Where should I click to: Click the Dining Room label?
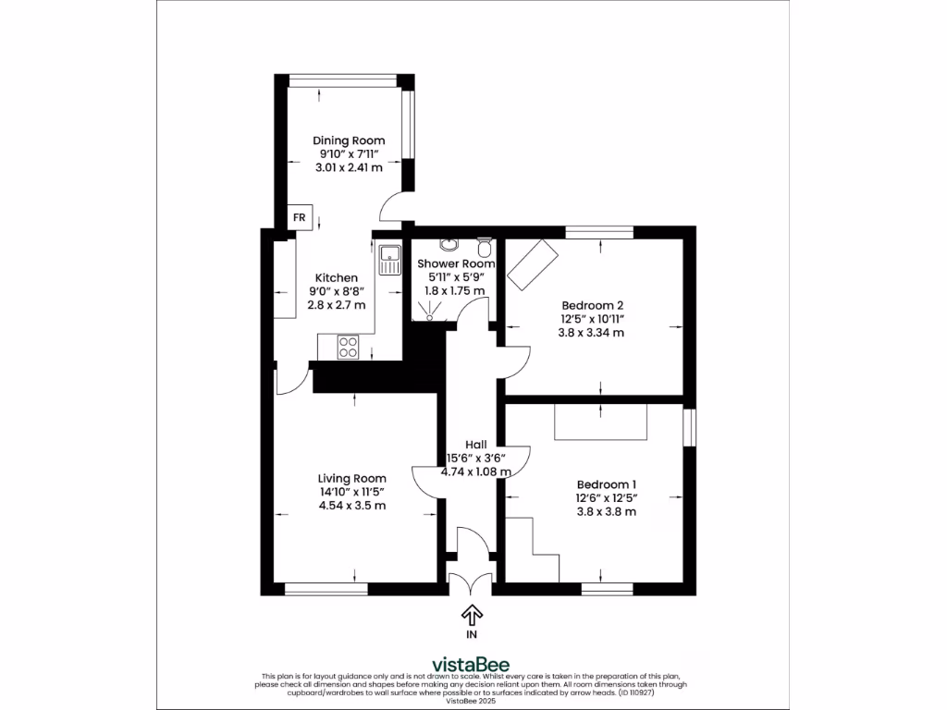pyautogui.click(x=348, y=141)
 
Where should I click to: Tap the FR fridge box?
pyautogui.click(x=299, y=217)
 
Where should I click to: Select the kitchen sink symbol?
pyautogui.click(x=387, y=260)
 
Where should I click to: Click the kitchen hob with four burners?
pyautogui.click(x=349, y=347)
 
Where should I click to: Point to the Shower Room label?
pyautogui.click(x=450, y=263)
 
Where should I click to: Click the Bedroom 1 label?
pyautogui.click(x=607, y=484)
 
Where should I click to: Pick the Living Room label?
pyautogui.click(x=351, y=478)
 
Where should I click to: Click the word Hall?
pyautogui.click(x=476, y=444)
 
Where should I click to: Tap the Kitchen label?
pyautogui.click(x=337, y=277)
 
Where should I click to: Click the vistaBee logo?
pyautogui.click(x=472, y=664)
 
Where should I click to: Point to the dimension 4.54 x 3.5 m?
pyautogui.click(x=351, y=506)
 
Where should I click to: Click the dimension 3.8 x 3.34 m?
pyautogui.click(x=593, y=332)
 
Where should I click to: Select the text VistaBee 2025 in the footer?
pyautogui.click(x=472, y=702)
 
